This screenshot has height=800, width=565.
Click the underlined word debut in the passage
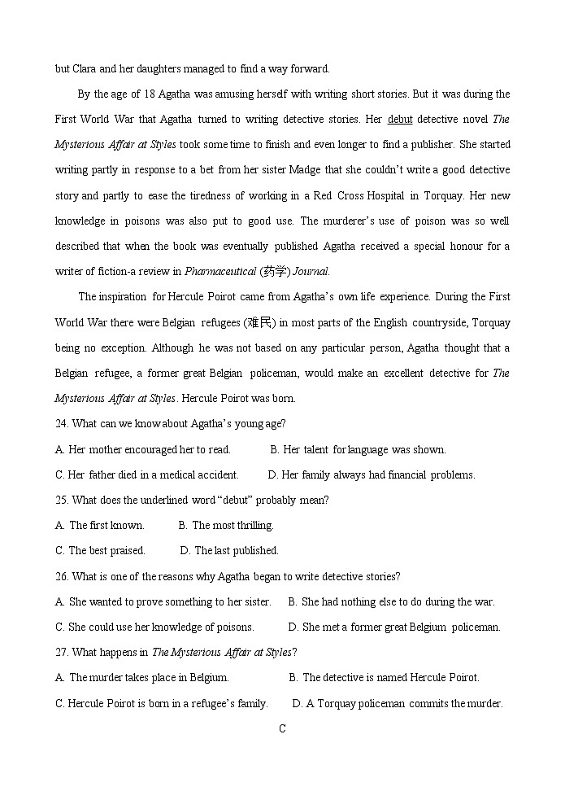point(400,120)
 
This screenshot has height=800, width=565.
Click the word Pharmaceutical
point(215,272)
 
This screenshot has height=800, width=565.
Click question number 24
point(62,424)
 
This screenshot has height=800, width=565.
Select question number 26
point(62,577)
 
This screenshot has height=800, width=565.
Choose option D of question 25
point(185,551)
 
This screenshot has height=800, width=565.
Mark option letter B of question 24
point(275,450)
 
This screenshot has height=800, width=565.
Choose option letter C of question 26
point(59,627)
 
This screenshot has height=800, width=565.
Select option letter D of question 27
point(297,704)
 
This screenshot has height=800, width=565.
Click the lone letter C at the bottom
point(282,729)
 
